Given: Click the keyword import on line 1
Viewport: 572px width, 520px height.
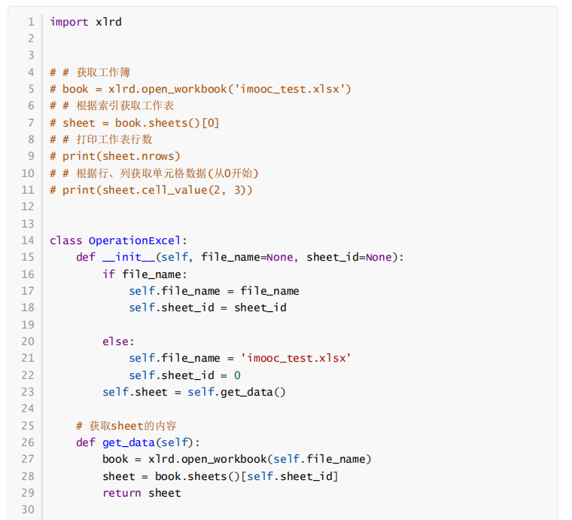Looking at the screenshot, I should click(69, 22).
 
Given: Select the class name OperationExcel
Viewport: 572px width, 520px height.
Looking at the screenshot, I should click(135, 240).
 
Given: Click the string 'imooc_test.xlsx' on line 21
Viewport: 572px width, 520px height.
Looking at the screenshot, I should click(296, 358).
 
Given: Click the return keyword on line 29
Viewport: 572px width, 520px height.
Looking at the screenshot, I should click(122, 493).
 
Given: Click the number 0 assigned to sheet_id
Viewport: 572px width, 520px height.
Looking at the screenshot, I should click(237, 375).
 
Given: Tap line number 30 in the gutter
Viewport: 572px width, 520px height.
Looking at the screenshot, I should click(28, 509).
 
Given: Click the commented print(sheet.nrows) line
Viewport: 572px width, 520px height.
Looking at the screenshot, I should click(115, 156).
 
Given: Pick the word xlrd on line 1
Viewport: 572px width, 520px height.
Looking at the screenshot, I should click(108, 22).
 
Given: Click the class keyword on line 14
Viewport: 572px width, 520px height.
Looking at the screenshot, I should click(66, 240).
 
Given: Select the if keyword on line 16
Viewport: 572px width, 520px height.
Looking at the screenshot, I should click(109, 274).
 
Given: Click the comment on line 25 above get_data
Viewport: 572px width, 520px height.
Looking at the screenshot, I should click(126, 426).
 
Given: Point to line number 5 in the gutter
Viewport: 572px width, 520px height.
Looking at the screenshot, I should click(31, 89).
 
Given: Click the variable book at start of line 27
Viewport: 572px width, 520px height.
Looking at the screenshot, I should click(115, 459).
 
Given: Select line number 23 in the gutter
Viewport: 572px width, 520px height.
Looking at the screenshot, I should click(28, 392).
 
